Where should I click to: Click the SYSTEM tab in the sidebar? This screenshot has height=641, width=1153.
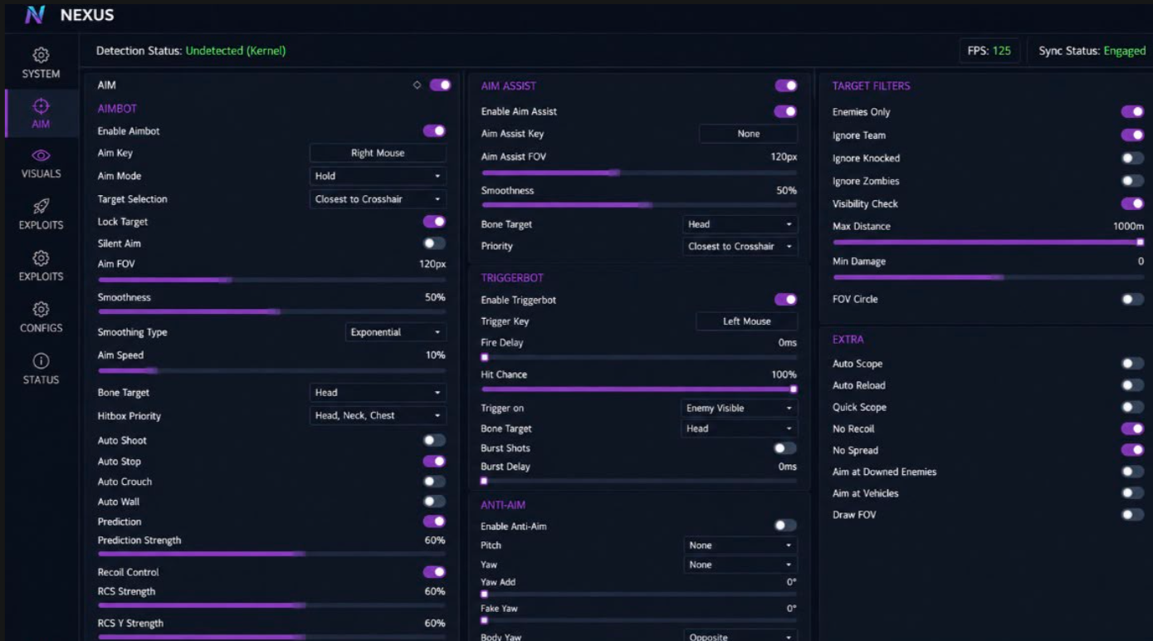(41, 63)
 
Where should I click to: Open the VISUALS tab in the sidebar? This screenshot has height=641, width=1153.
(41, 164)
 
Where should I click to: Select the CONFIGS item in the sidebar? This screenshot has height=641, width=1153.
(41, 318)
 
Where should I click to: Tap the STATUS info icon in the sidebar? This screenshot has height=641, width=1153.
(41, 361)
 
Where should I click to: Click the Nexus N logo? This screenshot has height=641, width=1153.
(35, 15)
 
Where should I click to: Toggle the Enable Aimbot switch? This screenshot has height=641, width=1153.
(434, 131)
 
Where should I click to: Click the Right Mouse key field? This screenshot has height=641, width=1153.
(378, 153)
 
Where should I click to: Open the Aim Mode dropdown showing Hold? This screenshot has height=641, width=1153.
(378, 176)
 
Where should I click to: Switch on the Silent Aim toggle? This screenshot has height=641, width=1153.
(434, 243)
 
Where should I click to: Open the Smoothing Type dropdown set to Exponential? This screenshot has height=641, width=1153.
(395, 332)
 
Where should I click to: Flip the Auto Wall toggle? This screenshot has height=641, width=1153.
(434, 502)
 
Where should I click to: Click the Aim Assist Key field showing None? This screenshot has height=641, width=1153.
(748, 134)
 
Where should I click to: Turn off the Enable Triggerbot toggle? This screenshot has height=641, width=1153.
(785, 300)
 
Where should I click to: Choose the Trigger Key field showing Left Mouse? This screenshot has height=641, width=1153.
(746, 321)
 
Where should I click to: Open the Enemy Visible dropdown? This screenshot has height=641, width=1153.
(739, 409)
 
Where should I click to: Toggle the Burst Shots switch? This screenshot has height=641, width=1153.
(784, 448)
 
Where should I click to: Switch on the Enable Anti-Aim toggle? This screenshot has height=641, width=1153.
(785, 526)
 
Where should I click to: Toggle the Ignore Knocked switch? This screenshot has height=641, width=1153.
(1132, 158)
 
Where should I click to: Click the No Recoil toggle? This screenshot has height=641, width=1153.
(1132, 428)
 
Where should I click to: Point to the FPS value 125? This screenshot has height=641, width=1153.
(1001, 51)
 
